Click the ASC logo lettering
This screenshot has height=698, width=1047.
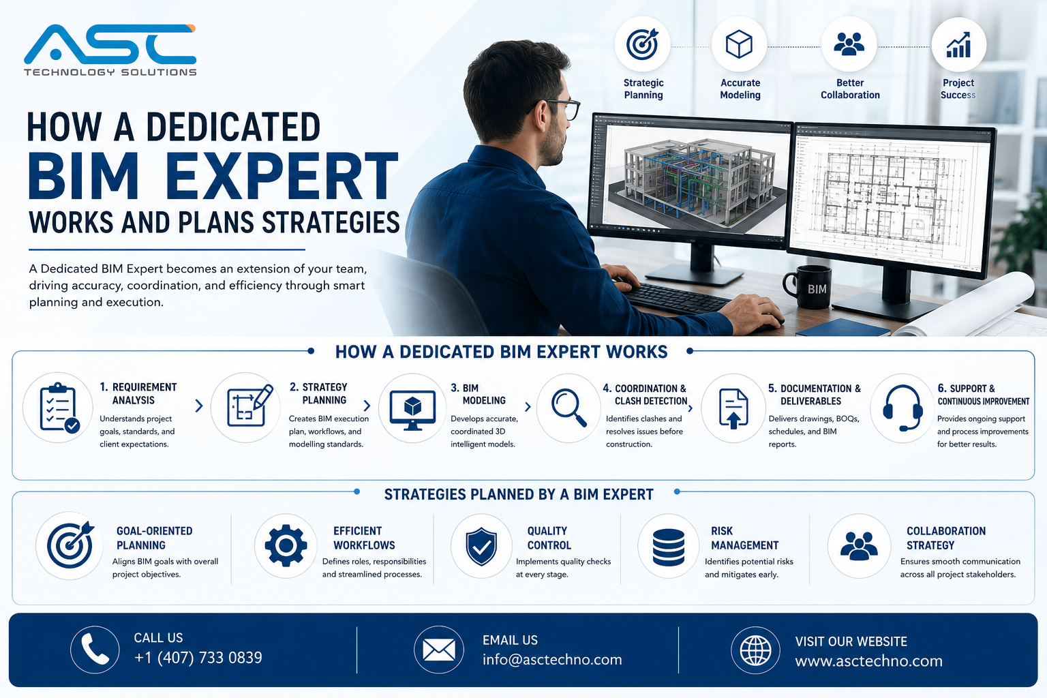[x=110, y=44]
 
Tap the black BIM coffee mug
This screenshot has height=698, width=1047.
[x=808, y=287]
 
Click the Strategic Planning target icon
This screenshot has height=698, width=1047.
[x=642, y=44]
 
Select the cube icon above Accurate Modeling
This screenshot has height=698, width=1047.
[x=739, y=44]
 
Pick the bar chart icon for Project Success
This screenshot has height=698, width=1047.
[x=958, y=45]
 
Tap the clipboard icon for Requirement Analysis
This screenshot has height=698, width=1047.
[x=59, y=408]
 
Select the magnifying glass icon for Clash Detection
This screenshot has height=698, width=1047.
[x=569, y=408]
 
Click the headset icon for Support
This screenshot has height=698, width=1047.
[x=902, y=408]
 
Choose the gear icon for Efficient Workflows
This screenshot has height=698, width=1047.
[x=286, y=545]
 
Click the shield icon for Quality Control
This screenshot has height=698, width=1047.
[x=481, y=546]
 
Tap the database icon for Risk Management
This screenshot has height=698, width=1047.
[x=669, y=547]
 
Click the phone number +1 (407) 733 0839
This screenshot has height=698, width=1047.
[x=198, y=658]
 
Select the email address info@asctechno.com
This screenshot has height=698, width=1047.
[x=552, y=660]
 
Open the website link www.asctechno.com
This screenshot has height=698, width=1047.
[x=869, y=661]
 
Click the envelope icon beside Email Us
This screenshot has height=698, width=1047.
[x=438, y=650]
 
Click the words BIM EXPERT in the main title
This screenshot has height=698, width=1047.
[x=213, y=176]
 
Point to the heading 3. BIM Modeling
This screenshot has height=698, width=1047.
[x=478, y=394]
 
